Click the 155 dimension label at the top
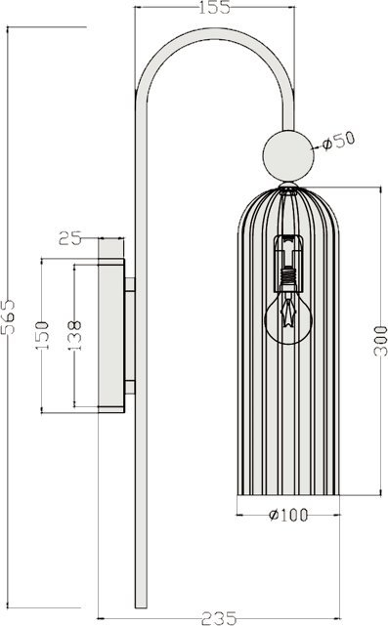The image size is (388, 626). (215, 7)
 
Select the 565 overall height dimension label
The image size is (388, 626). (9, 316)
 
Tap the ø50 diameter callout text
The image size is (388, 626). (338, 141)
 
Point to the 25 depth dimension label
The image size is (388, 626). (70, 238)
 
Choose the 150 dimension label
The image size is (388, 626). (42, 335)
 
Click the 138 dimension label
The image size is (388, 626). (74, 335)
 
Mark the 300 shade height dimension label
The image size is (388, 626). (380, 341)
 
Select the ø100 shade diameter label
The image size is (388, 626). (288, 515)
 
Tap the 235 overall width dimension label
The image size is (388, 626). (219, 618)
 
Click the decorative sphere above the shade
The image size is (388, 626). (287, 155)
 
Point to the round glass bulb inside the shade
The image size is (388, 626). (288, 318)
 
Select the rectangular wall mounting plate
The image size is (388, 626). (111, 335)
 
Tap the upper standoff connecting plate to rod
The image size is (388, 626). (130, 284)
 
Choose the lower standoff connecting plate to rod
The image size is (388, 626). (130, 387)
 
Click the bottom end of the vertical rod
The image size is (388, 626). (141, 607)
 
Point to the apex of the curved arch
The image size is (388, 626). (216, 33)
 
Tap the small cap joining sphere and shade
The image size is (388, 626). (288, 186)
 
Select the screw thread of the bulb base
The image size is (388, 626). (288, 276)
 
